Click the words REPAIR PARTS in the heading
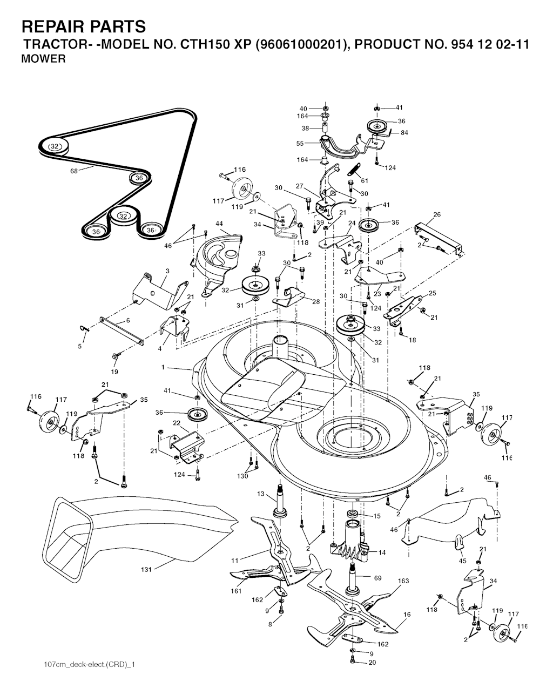(84, 26)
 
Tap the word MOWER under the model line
(43, 59)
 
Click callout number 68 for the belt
(74, 171)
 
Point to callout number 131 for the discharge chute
(146, 569)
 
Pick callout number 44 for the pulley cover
(219, 224)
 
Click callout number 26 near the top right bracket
(437, 214)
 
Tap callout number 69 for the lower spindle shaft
(377, 578)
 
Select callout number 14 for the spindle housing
(382, 552)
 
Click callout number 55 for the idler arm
(300, 144)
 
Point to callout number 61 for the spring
(365, 180)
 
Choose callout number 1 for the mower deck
(163, 368)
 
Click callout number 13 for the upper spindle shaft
(261, 494)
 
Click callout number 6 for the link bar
(128, 320)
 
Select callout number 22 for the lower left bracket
(177, 423)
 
